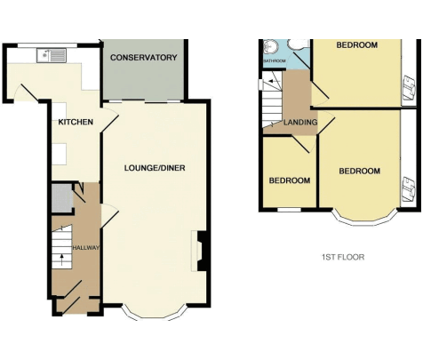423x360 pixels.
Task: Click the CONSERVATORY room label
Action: coord(144,57)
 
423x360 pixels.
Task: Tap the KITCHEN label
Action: coord(76,122)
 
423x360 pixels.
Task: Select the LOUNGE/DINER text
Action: coord(155,168)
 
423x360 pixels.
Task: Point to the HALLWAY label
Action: coord(86,248)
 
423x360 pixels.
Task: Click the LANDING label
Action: coord(300,122)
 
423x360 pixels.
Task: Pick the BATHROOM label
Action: coord(275,61)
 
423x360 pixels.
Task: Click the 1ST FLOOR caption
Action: coord(343,257)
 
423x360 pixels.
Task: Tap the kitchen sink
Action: coord(52,56)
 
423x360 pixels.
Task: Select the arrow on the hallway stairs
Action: coord(61,260)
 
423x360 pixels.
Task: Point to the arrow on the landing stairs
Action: coord(274,81)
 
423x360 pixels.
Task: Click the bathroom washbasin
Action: coord(270,47)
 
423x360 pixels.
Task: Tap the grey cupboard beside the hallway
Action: coord(62,197)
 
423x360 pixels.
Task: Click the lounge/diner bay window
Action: coord(155,316)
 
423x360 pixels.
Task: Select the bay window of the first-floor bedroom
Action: coord(364,220)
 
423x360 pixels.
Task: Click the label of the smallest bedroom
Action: coord(290,180)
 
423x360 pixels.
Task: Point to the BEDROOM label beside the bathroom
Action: coord(356,45)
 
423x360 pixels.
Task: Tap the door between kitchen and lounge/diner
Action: coord(110,119)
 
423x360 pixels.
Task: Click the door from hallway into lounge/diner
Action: coord(110,216)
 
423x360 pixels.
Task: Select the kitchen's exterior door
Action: coord(26,92)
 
